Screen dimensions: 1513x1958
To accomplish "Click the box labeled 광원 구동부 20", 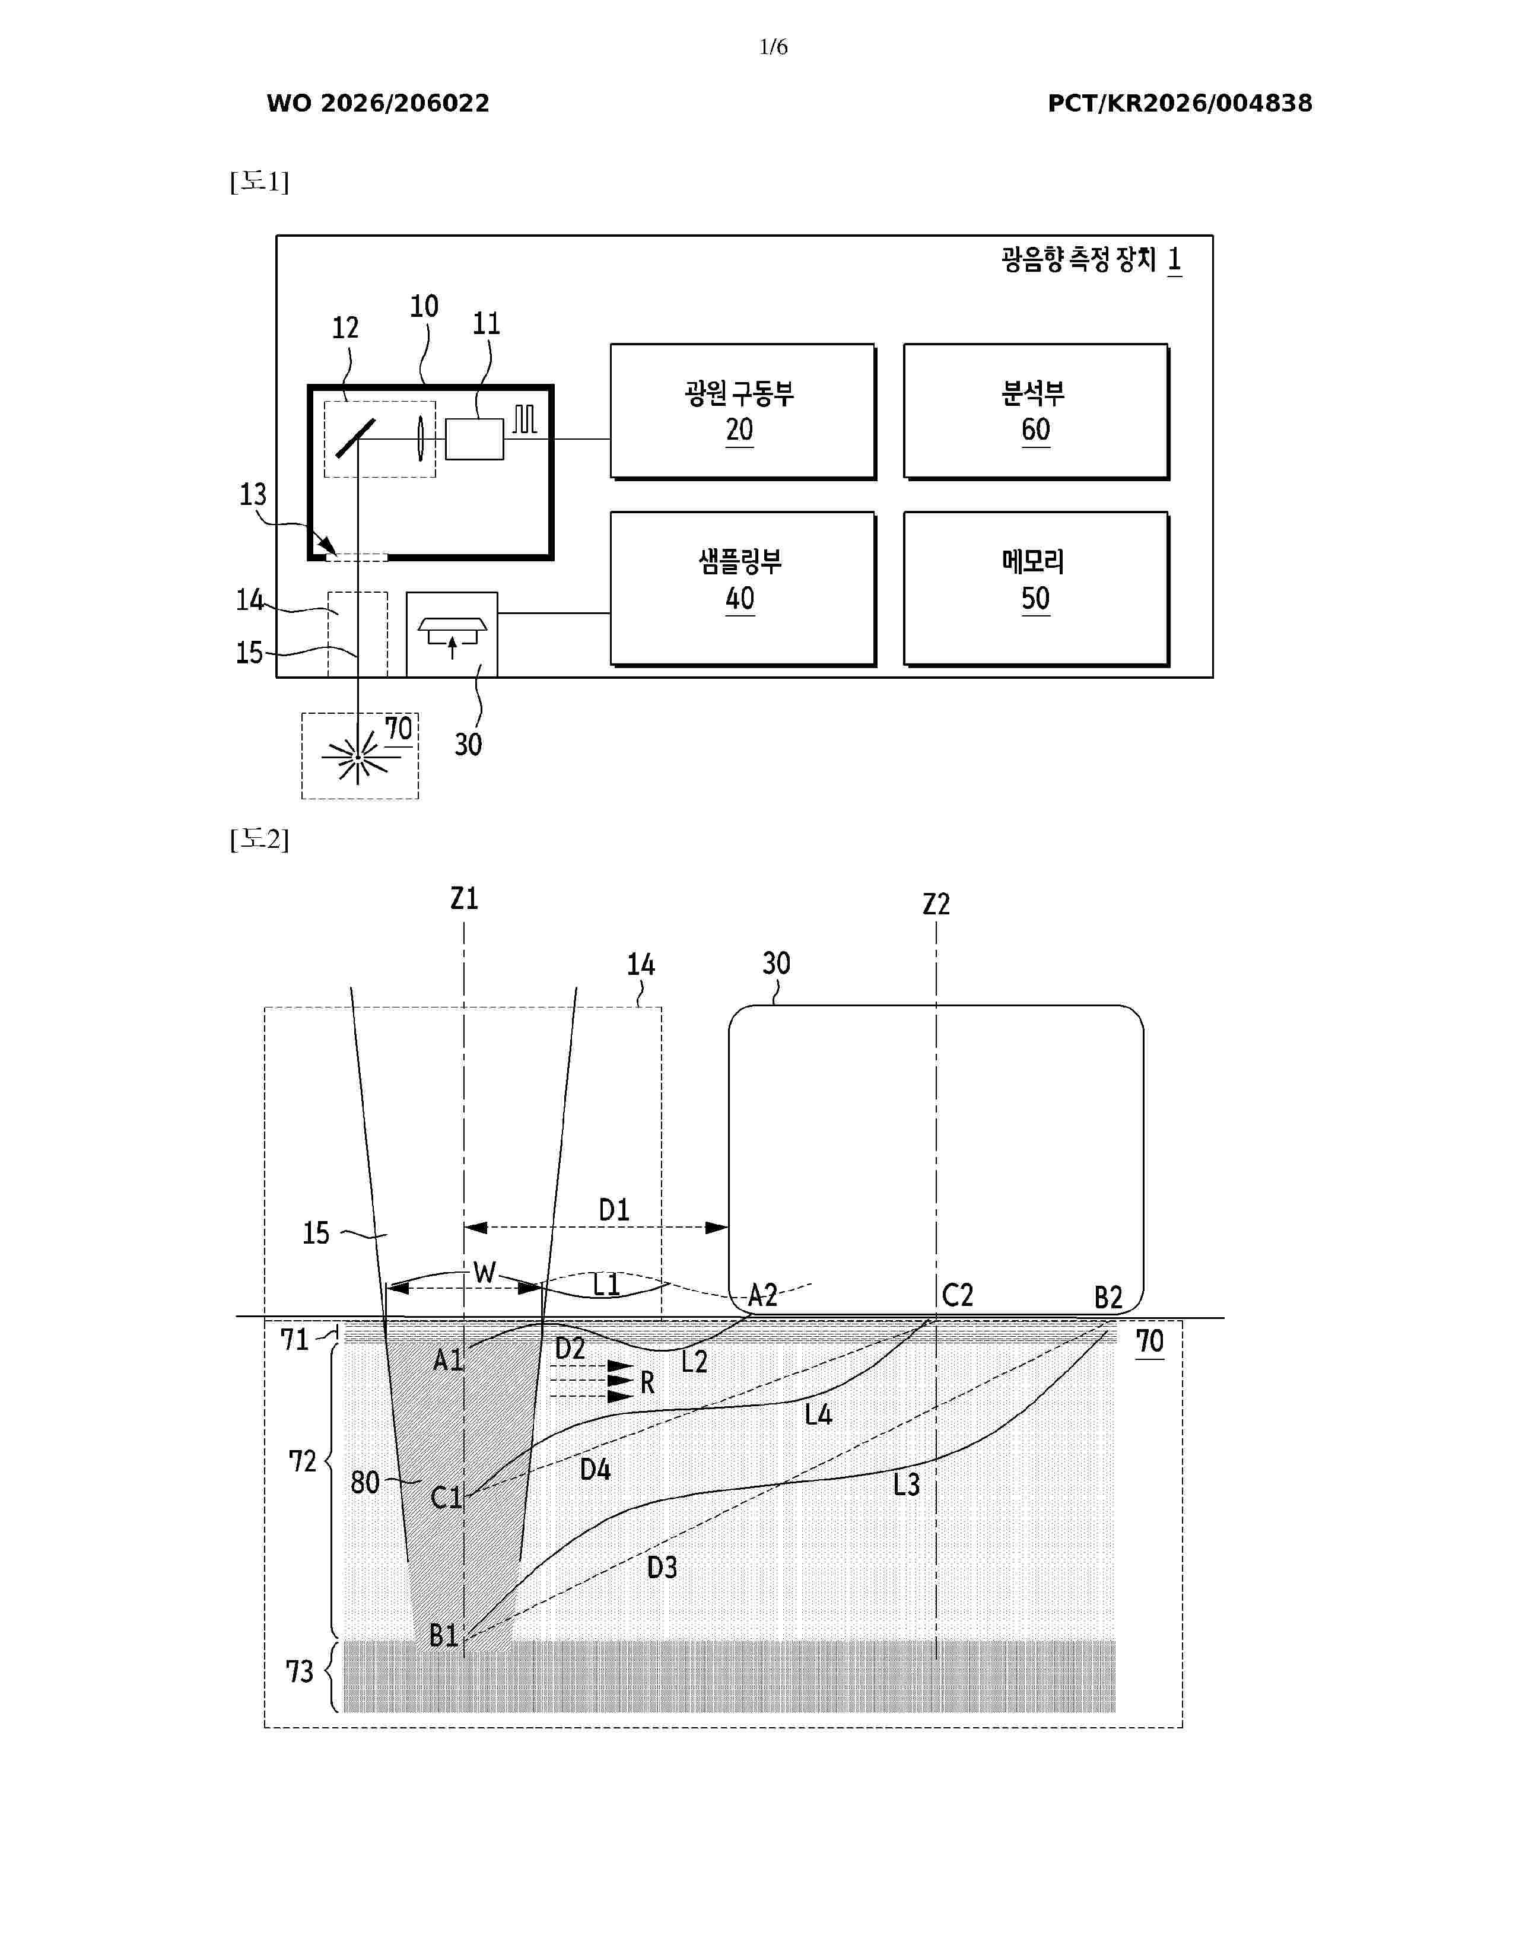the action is pos(743,412).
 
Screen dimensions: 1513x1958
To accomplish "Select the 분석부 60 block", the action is pos(1036,412).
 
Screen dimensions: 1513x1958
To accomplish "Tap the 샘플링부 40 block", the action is pos(743,589).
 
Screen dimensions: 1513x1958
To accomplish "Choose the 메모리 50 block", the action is pos(1036,589).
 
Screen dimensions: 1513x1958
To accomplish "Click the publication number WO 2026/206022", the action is pos(379,103).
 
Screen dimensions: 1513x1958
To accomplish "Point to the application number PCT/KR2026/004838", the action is pos(1180,103).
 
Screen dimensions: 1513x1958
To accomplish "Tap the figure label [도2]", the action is pos(259,839).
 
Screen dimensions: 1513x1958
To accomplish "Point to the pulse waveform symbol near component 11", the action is pos(525,419).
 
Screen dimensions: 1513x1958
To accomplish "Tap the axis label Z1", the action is pos(465,898).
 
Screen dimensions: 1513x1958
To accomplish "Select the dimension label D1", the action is pos(614,1210).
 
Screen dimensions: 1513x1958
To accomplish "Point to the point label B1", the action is pos(444,1636).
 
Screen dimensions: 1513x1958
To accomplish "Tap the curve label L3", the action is pos(906,1486).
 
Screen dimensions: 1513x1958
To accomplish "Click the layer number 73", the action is pos(300,1672).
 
